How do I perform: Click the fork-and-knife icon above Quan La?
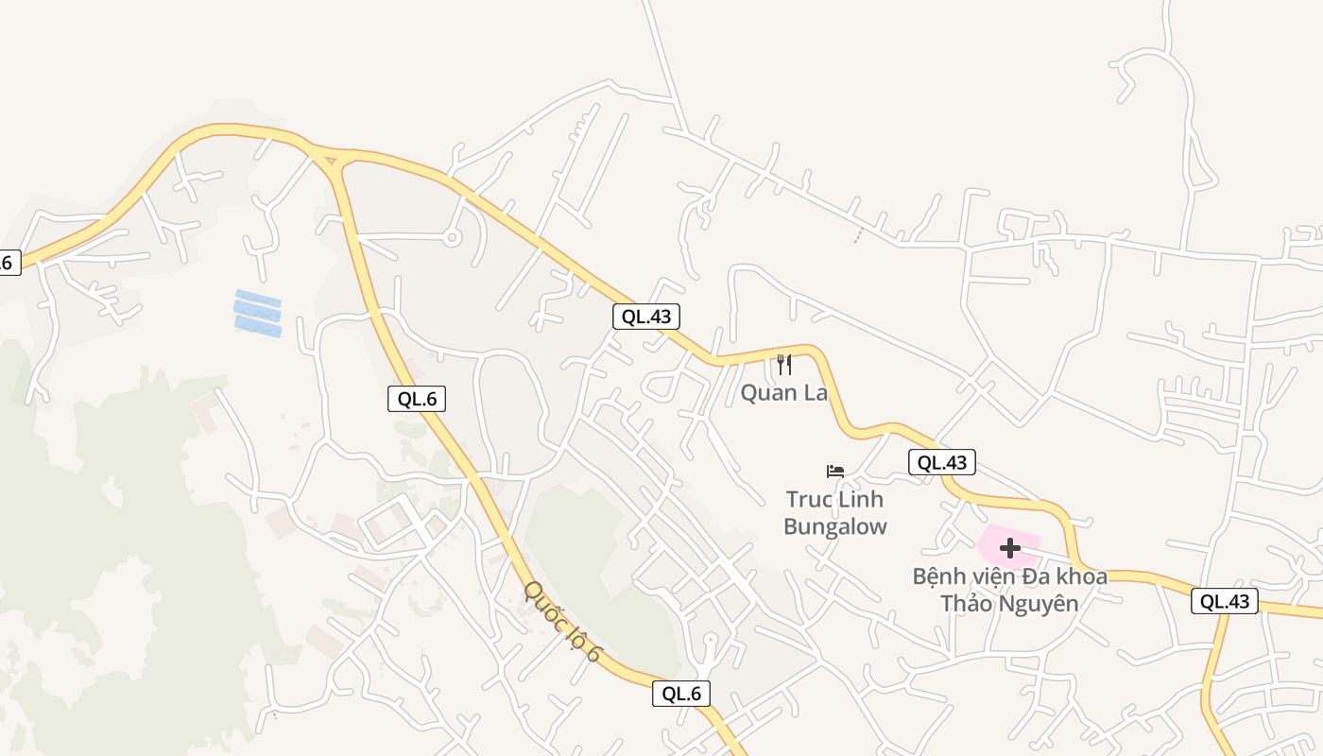tap(783, 364)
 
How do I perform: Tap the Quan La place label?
tap(783, 392)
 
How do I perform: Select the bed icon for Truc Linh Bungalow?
tap(835, 471)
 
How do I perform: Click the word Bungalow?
tap(835, 526)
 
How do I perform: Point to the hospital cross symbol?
tap(1009, 547)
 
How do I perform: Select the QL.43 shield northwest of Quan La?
tap(647, 317)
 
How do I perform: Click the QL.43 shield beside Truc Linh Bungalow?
tap(942, 462)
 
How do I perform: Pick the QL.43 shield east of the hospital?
tap(1225, 601)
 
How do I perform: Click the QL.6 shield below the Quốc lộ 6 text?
tap(680, 694)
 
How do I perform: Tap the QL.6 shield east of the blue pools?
tap(417, 399)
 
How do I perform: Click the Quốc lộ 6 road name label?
tap(562, 621)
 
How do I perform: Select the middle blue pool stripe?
tap(258, 313)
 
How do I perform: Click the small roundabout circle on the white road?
tap(452, 237)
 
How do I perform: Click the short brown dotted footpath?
tap(858, 234)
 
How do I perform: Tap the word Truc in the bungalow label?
tap(806, 498)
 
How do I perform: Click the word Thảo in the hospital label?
tap(969, 603)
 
